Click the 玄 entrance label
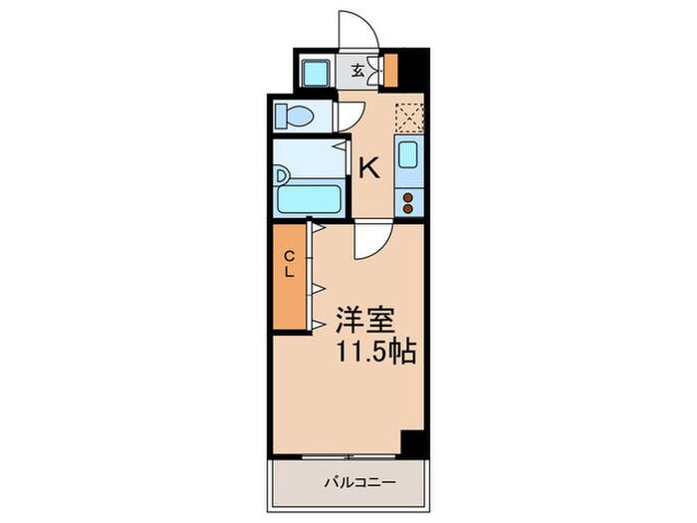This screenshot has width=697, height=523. tap(355, 71)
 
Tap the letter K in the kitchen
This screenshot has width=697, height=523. tap(368, 168)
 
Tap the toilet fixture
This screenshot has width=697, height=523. tap(296, 118)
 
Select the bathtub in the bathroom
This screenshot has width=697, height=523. tap(309, 199)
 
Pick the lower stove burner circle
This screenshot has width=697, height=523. tap(408, 208)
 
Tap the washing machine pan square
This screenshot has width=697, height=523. tap(318, 72)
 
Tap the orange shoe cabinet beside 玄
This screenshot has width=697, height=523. tap(390, 71)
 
